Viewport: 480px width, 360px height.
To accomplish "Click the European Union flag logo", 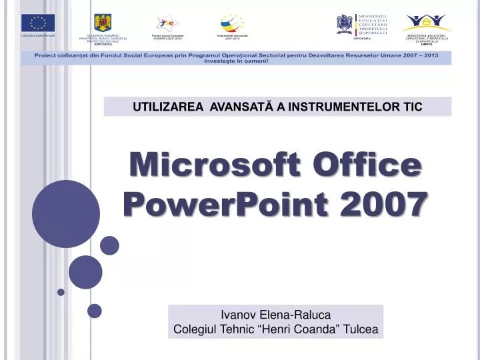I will pyautogui.click(x=37, y=23).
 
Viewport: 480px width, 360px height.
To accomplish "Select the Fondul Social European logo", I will pyautogui.click(x=167, y=23).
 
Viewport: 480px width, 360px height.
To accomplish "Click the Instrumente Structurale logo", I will pyautogui.click(x=232, y=23).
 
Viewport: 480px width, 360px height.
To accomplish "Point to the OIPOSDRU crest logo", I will pyautogui.click(x=345, y=24).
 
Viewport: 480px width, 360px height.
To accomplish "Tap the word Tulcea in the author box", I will pyautogui.click(x=360, y=329).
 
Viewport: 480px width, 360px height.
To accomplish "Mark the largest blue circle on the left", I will pyautogui.click(x=65, y=215).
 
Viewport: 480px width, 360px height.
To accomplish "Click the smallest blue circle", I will pyautogui.click(x=61, y=292).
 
